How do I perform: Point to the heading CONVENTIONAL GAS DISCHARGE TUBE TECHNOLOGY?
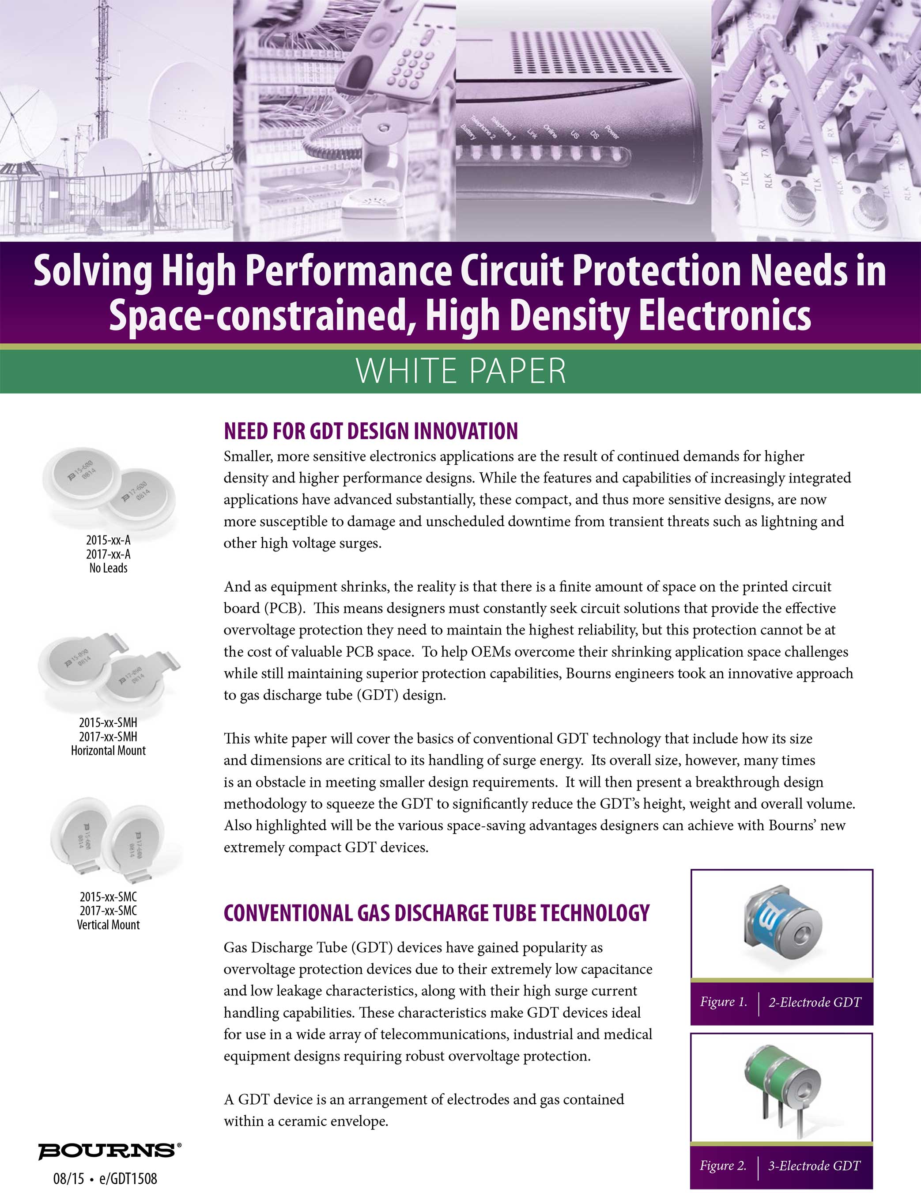point(437,913)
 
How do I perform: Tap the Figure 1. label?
point(723,1002)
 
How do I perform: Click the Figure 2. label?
point(723,1165)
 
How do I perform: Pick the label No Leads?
point(108,568)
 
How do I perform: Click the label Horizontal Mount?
point(108,751)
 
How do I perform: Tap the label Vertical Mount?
point(108,925)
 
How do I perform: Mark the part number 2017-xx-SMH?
point(108,736)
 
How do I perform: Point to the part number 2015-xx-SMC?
point(108,897)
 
